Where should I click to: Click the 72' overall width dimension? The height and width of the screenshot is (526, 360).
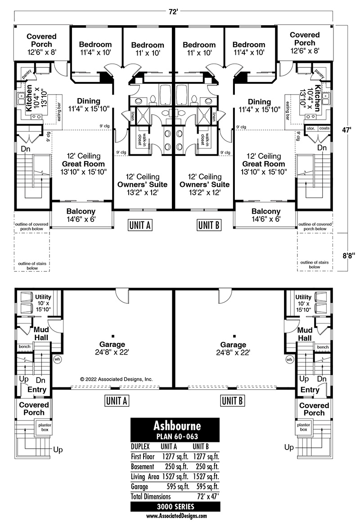click(x=173, y=12)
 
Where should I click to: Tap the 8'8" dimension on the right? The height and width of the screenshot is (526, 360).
click(x=348, y=256)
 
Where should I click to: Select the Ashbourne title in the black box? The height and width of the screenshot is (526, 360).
click(x=177, y=426)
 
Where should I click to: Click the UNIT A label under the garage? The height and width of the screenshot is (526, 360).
click(x=116, y=400)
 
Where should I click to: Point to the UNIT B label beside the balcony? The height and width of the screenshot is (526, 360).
click(x=209, y=225)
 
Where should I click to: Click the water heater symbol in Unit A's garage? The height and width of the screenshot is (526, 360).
click(x=57, y=359)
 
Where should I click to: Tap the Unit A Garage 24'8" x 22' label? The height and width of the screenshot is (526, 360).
click(x=112, y=348)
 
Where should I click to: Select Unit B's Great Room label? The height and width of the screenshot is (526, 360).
click(x=264, y=164)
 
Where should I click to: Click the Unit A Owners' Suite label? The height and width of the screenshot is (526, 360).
click(x=142, y=184)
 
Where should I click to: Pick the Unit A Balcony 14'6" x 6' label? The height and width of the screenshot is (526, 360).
click(x=81, y=215)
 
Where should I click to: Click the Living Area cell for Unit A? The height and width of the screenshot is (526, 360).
click(x=175, y=477)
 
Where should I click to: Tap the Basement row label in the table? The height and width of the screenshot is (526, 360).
click(x=143, y=467)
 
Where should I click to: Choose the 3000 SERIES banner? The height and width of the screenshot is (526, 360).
click(x=175, y=507)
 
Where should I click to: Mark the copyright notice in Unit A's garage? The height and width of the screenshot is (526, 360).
click(x=117, y=379)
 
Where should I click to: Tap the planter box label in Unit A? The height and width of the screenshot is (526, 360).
click(x=45, y=427)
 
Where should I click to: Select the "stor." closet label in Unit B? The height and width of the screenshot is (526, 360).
click(x=311, y=128)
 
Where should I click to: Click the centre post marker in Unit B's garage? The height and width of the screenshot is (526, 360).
click(x=234, y=336)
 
